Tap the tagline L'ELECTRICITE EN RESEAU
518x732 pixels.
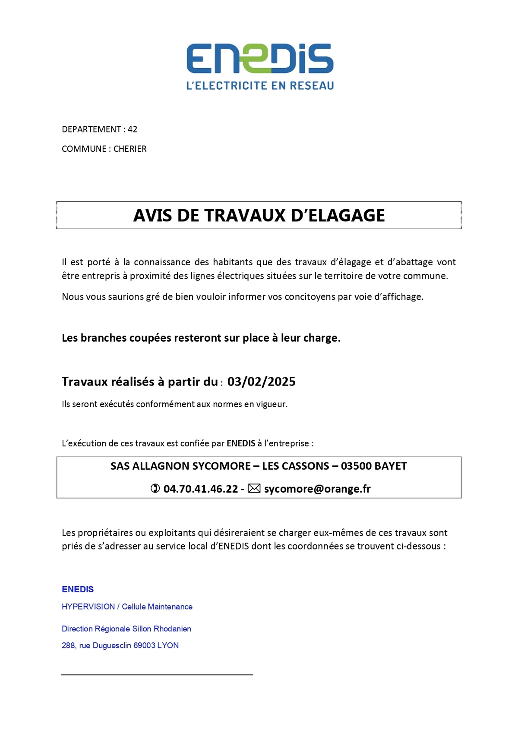click(260, 86)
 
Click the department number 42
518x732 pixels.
click(133, 129)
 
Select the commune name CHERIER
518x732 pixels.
click(130, 149)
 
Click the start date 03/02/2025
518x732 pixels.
click(261, 382)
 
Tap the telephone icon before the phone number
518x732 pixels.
click(155, 489)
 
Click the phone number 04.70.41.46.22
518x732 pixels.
click(201, 489)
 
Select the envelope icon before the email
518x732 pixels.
click(254, 489)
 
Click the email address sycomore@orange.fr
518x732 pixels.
click(317, 489)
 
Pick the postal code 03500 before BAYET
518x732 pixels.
click(356, 466)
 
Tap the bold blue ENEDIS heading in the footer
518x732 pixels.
click(78, 589)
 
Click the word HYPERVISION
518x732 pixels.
click(88, 607)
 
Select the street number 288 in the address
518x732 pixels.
click(68, 646)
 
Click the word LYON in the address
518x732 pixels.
click(168, 646)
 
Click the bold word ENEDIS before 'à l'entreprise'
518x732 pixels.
click(241, 443)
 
